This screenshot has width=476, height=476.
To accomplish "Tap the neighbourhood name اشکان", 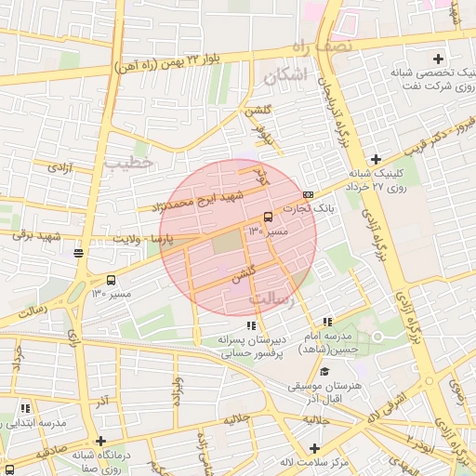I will point(284,78).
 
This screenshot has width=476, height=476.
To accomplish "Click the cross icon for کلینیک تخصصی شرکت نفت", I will point(438,59).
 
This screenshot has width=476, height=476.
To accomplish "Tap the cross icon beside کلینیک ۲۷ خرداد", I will point(376,159).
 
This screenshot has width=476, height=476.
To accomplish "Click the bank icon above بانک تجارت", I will point(309,194).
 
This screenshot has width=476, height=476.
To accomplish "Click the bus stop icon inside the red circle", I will point(269,217).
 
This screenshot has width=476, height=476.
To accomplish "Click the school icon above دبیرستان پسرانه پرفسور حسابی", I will point(250,325).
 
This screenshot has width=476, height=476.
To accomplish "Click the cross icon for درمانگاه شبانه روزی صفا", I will point(101,442).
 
